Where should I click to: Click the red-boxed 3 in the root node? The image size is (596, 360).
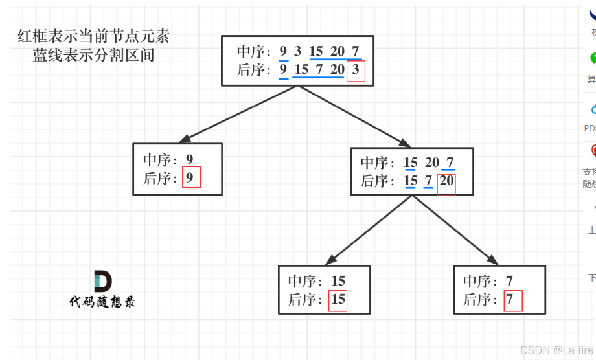click(x=356, y=70)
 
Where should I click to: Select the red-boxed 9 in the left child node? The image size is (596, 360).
click(x=191, y=177)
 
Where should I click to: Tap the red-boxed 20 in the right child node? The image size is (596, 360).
click(x=446, y=181)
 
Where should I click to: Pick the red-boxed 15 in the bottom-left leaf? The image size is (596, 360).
click(x=338, y=300)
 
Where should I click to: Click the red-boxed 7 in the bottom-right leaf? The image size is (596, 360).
click(x=512, y=300)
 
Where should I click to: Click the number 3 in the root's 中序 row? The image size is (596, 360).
click(x=297, y=52)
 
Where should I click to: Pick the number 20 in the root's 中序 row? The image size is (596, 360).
click(x=337, y=52)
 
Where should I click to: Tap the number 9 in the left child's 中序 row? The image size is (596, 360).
click(x=189, y=159)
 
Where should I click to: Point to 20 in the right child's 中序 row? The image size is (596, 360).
click(x=432, y=163)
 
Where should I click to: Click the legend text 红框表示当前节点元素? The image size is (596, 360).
click(x=93, y=36)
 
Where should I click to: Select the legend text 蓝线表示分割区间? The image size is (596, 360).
click(x=93, y=54)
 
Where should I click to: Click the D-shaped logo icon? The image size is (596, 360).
click(x=102, y=281)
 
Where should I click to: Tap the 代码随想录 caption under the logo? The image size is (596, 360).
click(x=102, y=302)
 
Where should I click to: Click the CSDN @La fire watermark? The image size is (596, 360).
click(x=556, y=350)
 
